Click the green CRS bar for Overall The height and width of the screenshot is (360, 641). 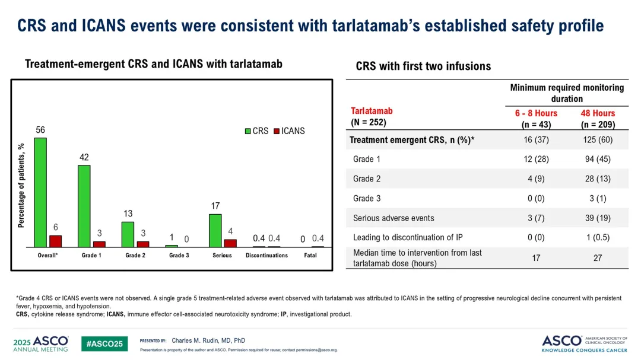point(40,192)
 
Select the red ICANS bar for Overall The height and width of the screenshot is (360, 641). point(55,241)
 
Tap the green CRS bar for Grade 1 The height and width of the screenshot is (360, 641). point(84,206)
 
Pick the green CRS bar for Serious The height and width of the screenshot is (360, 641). point(215,230)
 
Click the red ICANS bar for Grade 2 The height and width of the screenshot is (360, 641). point(143,244)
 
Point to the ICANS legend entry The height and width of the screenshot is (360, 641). point(289,131)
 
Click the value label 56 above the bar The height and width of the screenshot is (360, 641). point(40,130)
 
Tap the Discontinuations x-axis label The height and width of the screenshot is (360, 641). point(266,256)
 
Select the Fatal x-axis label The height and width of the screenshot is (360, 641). point(310,256)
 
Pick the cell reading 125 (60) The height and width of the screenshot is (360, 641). point(598,140)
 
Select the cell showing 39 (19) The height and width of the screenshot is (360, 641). point(598,218)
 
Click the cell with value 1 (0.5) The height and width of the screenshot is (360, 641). point(598,237)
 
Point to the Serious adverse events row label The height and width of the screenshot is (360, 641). point(393,218)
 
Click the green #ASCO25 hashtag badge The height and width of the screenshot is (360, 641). point(104,344)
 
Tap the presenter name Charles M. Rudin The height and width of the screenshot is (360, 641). point(208,340)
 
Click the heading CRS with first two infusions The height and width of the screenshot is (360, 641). point(423,66)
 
